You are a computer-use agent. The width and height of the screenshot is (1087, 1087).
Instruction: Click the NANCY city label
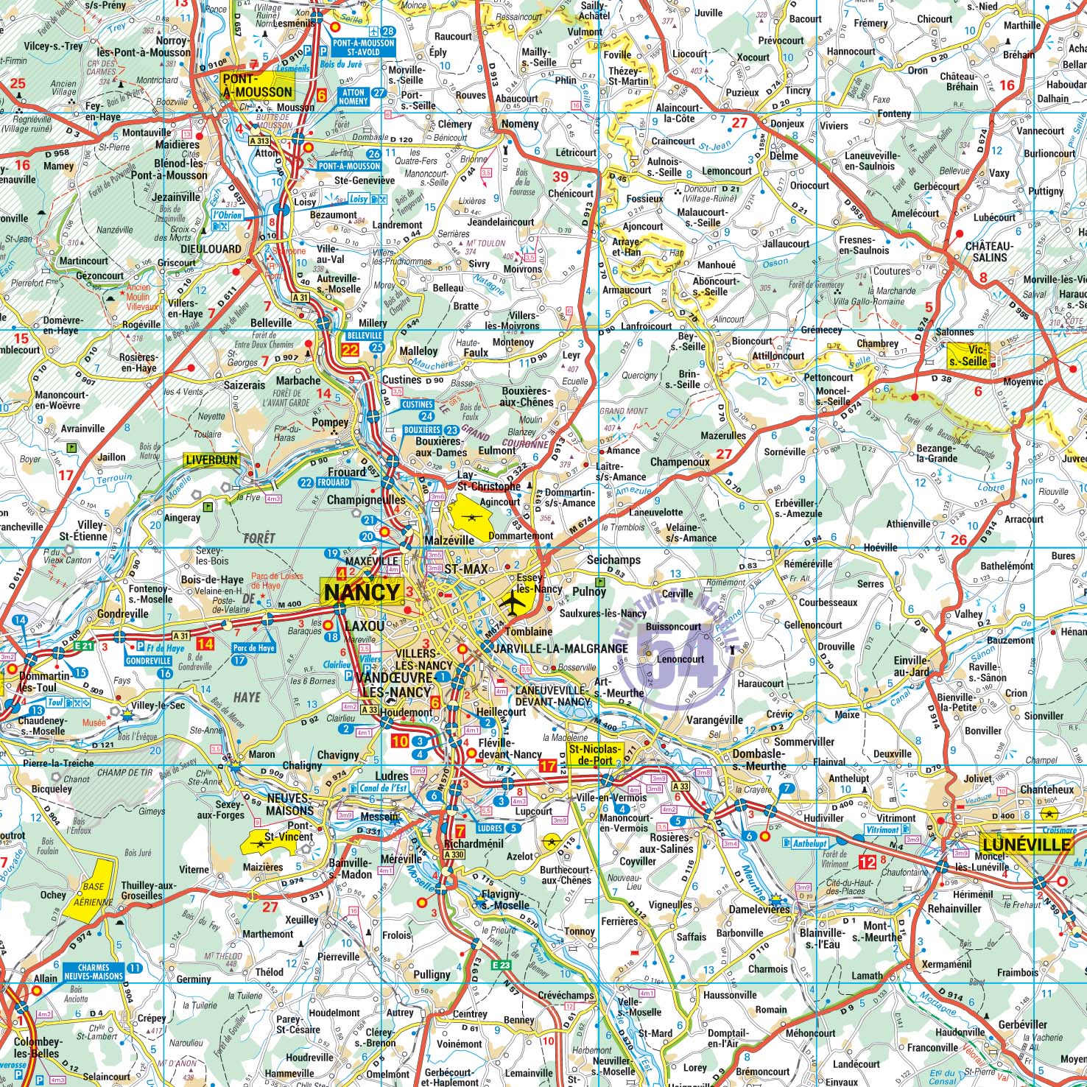tap(362, 592)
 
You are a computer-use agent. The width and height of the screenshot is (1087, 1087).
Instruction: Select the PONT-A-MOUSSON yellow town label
tap(258, 85)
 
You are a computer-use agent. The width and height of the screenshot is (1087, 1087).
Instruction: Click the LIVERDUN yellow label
tap(211, 460)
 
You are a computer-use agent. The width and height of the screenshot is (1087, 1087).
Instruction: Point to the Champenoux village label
tap(680, 462)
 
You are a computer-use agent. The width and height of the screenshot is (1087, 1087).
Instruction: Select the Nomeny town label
tap(519, 124)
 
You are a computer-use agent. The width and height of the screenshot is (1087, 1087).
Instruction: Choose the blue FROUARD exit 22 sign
tap(331, 482)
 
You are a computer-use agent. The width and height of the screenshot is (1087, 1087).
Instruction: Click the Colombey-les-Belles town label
tap(32, 1047)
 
